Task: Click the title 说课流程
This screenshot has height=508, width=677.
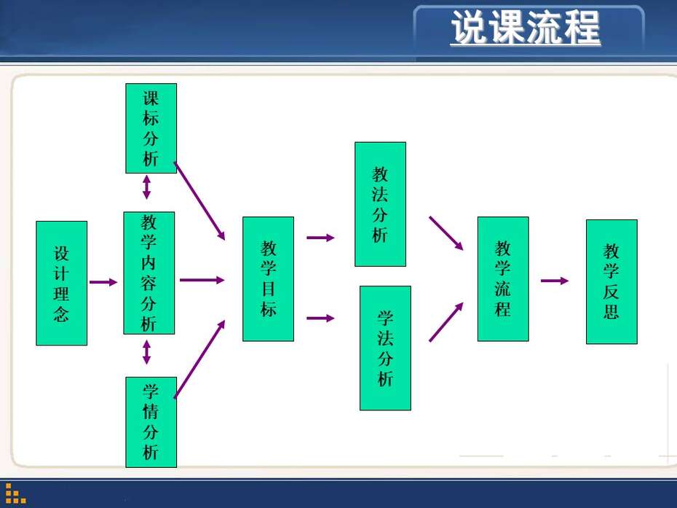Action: tap(526, 28)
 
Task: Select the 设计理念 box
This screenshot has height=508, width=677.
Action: tap(62, 284)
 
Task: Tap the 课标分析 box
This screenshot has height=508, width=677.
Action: tap(151, 128)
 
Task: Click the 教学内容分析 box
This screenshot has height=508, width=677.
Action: tap(149, 273)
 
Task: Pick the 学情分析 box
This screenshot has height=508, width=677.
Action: tap(151, 422)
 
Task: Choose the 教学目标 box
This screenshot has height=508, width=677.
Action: tap(268, 279)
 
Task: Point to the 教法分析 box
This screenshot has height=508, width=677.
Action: tap(381, 204)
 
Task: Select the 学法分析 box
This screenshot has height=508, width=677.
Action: tap(385, 348)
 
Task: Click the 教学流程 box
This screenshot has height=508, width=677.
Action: tap(503, 279)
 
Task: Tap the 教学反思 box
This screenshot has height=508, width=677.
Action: tap(611, 282)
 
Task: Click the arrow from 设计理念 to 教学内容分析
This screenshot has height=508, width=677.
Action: tap(103, 282)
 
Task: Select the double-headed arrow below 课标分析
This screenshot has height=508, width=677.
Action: tap(147, 187)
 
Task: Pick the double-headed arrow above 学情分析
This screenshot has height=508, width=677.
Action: tap(147, 352)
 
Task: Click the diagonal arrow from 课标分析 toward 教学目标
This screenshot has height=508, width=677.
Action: tap(199, 201)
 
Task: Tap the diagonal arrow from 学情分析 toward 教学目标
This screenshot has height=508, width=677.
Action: tap(199, 359)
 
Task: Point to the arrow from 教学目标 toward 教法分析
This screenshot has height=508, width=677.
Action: tap(321, 238)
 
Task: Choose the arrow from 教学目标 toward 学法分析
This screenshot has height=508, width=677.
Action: tap(321, 319)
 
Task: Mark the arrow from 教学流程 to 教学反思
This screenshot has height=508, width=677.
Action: tap(555, 281)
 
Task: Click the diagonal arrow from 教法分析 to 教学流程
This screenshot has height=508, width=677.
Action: tap(446, 233)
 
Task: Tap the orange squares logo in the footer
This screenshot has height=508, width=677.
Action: tap(15, 493)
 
